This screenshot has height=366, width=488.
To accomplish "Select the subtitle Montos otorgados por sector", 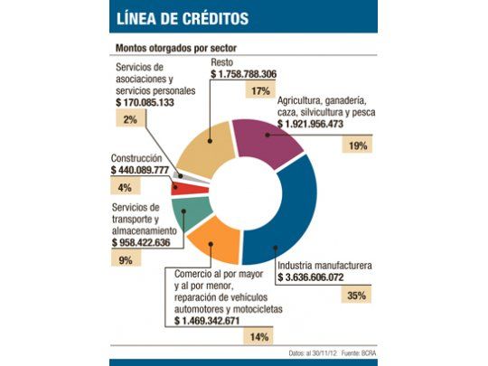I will pos(177,46).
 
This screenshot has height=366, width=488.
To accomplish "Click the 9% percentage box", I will pos(125,260).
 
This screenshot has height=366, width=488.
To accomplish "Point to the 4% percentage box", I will pos(125,187).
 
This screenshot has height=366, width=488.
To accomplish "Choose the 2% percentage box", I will pos(130,120).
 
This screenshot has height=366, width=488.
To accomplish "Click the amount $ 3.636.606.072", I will pos(326,278).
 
